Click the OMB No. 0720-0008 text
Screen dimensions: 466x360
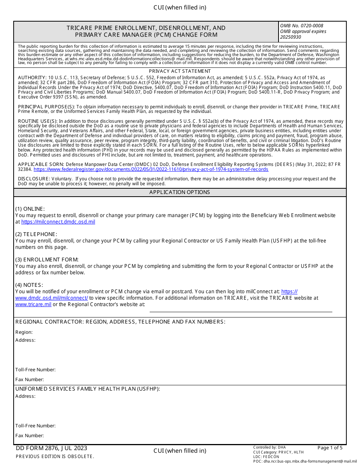302,26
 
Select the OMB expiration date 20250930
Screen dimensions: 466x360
291,37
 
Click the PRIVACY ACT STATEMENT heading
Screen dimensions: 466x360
180,71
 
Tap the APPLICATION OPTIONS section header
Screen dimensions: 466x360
180,192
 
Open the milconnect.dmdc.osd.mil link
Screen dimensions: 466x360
58,222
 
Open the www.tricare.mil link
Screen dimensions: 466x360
33,304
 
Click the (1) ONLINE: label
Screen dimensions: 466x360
30,209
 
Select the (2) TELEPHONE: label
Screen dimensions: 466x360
36,234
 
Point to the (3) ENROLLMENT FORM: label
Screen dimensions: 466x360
47,260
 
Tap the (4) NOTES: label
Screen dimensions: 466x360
29,285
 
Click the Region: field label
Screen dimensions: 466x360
24,332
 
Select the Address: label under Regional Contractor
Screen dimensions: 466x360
25,340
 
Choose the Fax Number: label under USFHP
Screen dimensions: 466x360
30,436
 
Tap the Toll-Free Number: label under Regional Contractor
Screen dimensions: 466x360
36,370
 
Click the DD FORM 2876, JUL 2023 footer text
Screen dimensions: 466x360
52,448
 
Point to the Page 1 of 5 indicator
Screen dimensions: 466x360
330,448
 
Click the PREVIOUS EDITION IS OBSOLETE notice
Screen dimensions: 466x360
55,457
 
